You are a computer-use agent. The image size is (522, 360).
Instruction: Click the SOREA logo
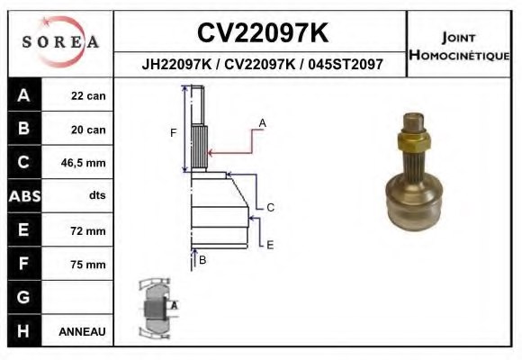[x=60, y=42]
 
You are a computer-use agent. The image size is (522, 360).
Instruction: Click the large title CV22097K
[x=263, y=32]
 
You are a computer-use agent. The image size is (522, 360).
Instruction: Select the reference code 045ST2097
[x=346, y=64]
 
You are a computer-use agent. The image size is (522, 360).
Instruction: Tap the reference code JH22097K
[x=176, y=64]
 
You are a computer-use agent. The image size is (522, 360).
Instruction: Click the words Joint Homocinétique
[x=459, y=46]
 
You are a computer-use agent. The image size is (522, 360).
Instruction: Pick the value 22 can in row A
[x=88, y=96]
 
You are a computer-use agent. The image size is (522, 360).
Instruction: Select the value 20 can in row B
[x=88, y=130]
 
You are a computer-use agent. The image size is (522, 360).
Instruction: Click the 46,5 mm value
[x=83, y=163]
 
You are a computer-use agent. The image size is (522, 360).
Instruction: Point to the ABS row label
[x=24, y=196]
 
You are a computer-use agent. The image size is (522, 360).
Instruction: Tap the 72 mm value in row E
[x=88, y=230]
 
